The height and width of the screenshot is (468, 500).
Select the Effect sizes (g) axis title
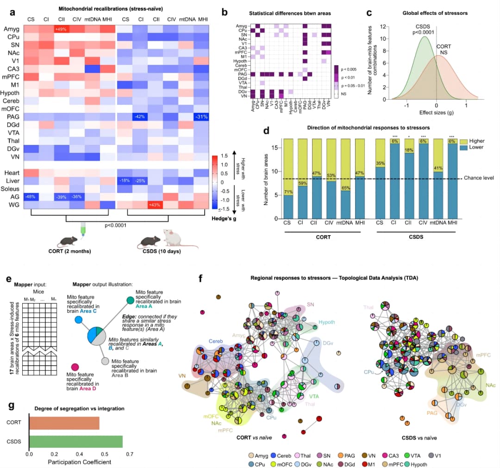[436, 112]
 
